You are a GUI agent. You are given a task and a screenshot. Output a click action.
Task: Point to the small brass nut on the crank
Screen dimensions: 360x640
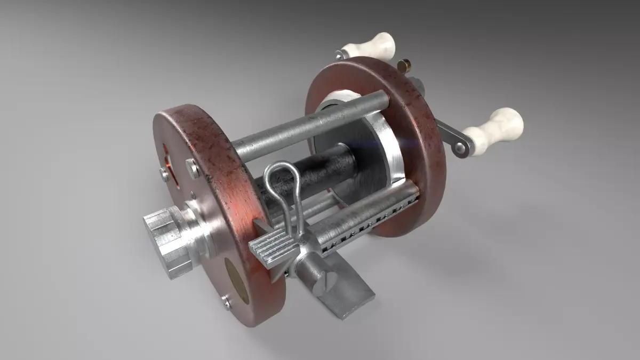coord(404,66)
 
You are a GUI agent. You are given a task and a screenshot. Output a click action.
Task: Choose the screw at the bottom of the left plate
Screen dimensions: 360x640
coord(227,303)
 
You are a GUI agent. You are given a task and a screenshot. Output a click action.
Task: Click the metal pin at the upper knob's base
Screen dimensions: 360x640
coord(340,54)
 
